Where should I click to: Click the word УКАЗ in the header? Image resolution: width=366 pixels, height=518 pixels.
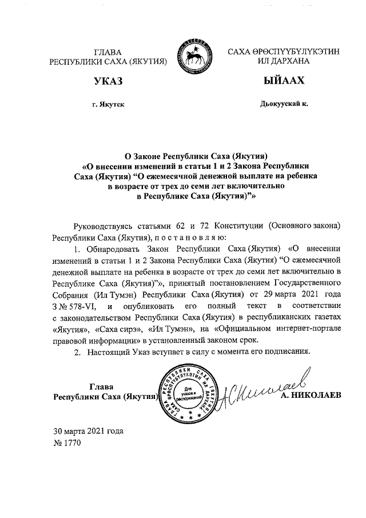point(109,81)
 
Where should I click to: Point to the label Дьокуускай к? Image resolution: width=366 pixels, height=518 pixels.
point(284,104)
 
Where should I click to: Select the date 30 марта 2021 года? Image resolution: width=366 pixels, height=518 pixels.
point(88,431)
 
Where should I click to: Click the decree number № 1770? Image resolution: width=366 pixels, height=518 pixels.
point(67,442)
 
